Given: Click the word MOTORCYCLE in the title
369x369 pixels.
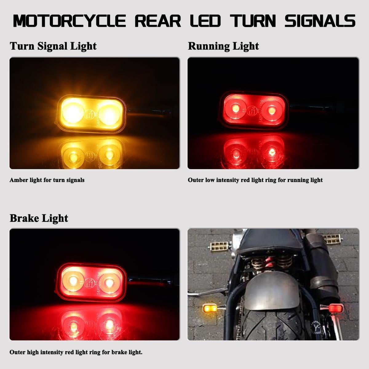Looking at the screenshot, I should [x=69, y=21].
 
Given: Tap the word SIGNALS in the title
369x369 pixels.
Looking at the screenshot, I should [x=320, y=21].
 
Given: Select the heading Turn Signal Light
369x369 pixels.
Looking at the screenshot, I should [x=53, y=46].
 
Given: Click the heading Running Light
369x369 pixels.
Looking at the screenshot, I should [x=223, y=46].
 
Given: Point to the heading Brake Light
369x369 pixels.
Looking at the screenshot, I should [x=39, y=218].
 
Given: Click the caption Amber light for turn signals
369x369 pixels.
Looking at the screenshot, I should [x=47, y=180].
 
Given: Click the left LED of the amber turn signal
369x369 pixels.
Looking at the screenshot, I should [x=71, y=113].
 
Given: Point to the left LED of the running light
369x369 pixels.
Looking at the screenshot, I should [x=234, y=108].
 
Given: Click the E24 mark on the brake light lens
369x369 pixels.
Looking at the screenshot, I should [x=90, y=283].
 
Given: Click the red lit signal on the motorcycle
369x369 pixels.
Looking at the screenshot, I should [x=333, y=307].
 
